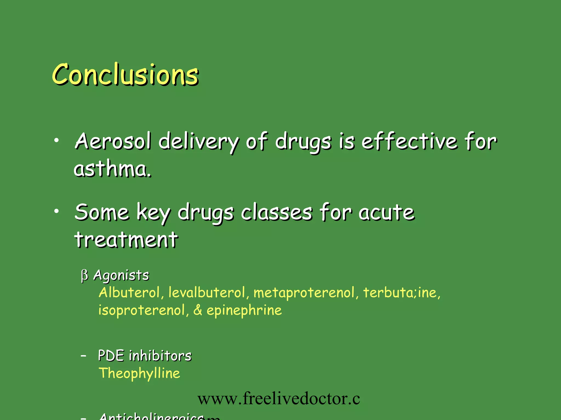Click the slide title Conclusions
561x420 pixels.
(125, 74)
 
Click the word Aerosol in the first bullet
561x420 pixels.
(113, 141)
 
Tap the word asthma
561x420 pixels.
(112, 169)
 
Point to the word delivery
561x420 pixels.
(199, 142)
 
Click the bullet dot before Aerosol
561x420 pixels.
(56, 141)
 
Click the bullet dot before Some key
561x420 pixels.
(56, 211)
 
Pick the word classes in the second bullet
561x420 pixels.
(277, 212)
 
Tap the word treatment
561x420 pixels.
(126, 240)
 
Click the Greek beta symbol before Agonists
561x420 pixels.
(84, 275)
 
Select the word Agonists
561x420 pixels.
(121, 275)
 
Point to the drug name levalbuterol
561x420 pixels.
(207, 293)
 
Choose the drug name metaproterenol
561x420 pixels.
(304, 293)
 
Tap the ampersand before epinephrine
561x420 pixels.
(198, 310)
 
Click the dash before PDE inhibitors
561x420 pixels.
(84, 356)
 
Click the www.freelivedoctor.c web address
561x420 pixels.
(279, 399)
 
